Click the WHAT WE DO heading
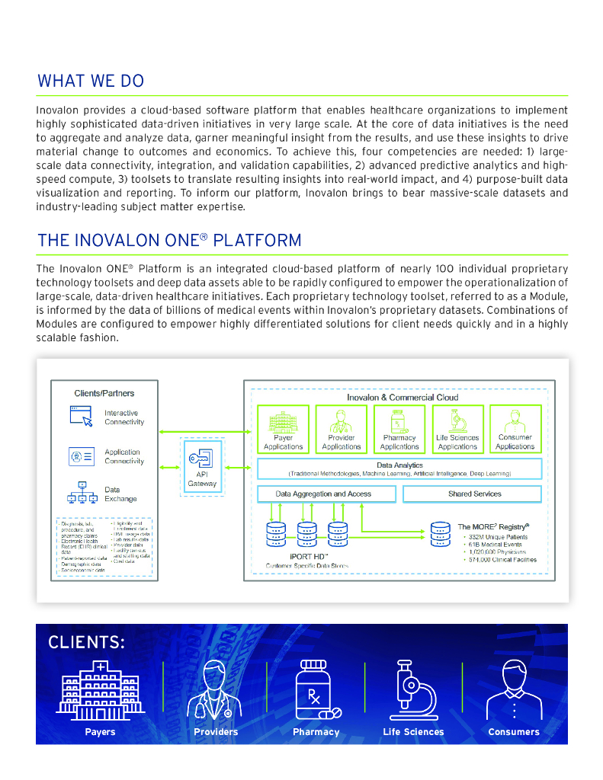[90, 81]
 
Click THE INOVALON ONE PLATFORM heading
[169, 241]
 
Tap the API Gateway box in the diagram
[201, 465]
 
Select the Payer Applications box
[283, 429]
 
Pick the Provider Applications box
[341, 429]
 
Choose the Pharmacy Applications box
[399, 429]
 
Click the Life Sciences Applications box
[457, 429]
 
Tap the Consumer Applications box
[515, 429]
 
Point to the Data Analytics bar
[399, 468]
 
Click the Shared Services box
[472, 494]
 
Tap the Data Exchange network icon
[81, 494]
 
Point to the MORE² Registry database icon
[440, 534]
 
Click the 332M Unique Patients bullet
[495, 537]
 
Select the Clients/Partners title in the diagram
[104, 393]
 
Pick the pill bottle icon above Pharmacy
[315, 689]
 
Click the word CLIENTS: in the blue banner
[86, 642]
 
